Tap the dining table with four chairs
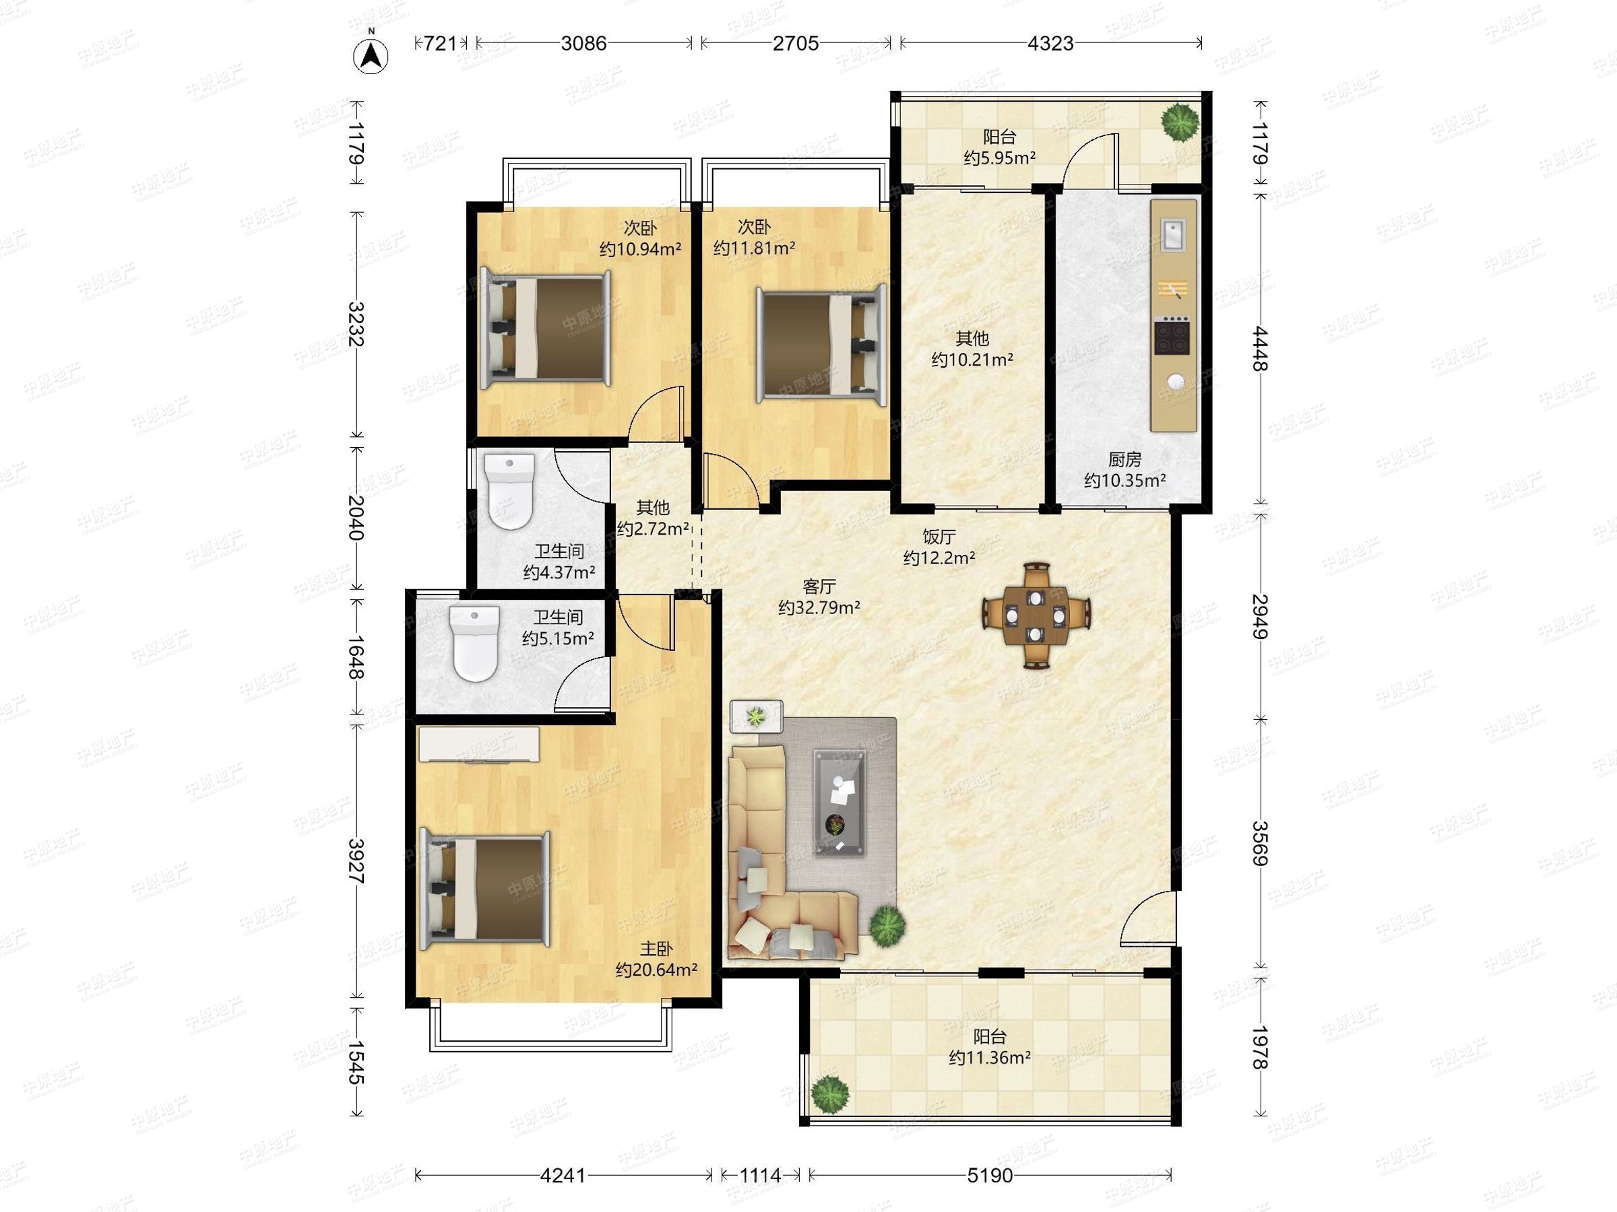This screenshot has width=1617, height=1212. click(1036, 615)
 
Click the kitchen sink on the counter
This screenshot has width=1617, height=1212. click(1176, 234)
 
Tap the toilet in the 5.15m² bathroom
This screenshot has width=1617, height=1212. click(475, 643)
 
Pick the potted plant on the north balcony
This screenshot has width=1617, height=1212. click(1180, 122)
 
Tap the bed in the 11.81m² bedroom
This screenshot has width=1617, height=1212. click(823, 343)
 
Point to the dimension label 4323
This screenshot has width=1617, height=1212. click(1050, 44)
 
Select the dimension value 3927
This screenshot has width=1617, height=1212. click(356, 861)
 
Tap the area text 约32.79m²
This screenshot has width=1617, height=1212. click(819, 607)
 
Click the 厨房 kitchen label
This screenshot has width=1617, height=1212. click(1124, 459)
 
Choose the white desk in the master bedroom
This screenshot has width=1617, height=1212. click(479, 745)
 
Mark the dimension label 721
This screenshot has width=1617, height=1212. click(440, 44)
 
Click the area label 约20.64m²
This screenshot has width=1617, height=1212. click(656, 970)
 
